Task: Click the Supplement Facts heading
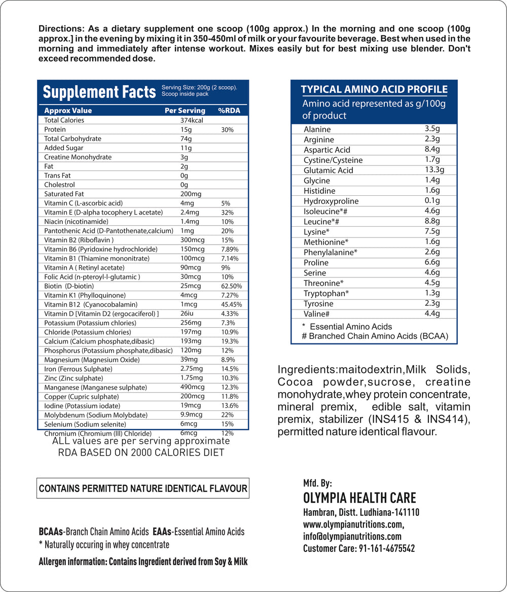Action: click(99, 92)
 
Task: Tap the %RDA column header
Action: click(229, 111)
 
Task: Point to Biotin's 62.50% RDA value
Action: click(232, 286)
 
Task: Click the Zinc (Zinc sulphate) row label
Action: click(74, 378)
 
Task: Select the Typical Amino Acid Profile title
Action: click(374, 90)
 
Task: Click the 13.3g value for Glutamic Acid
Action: click(434, 170)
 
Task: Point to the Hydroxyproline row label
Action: click(331, 201)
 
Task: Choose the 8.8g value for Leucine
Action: click(432, 221)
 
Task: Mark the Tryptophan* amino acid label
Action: click(326, 293)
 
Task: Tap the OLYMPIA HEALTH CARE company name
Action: click(359, 498)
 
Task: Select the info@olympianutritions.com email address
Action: click(352, 536)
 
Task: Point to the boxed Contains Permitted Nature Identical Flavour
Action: click(143, 489)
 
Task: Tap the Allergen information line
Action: click(143, 562)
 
